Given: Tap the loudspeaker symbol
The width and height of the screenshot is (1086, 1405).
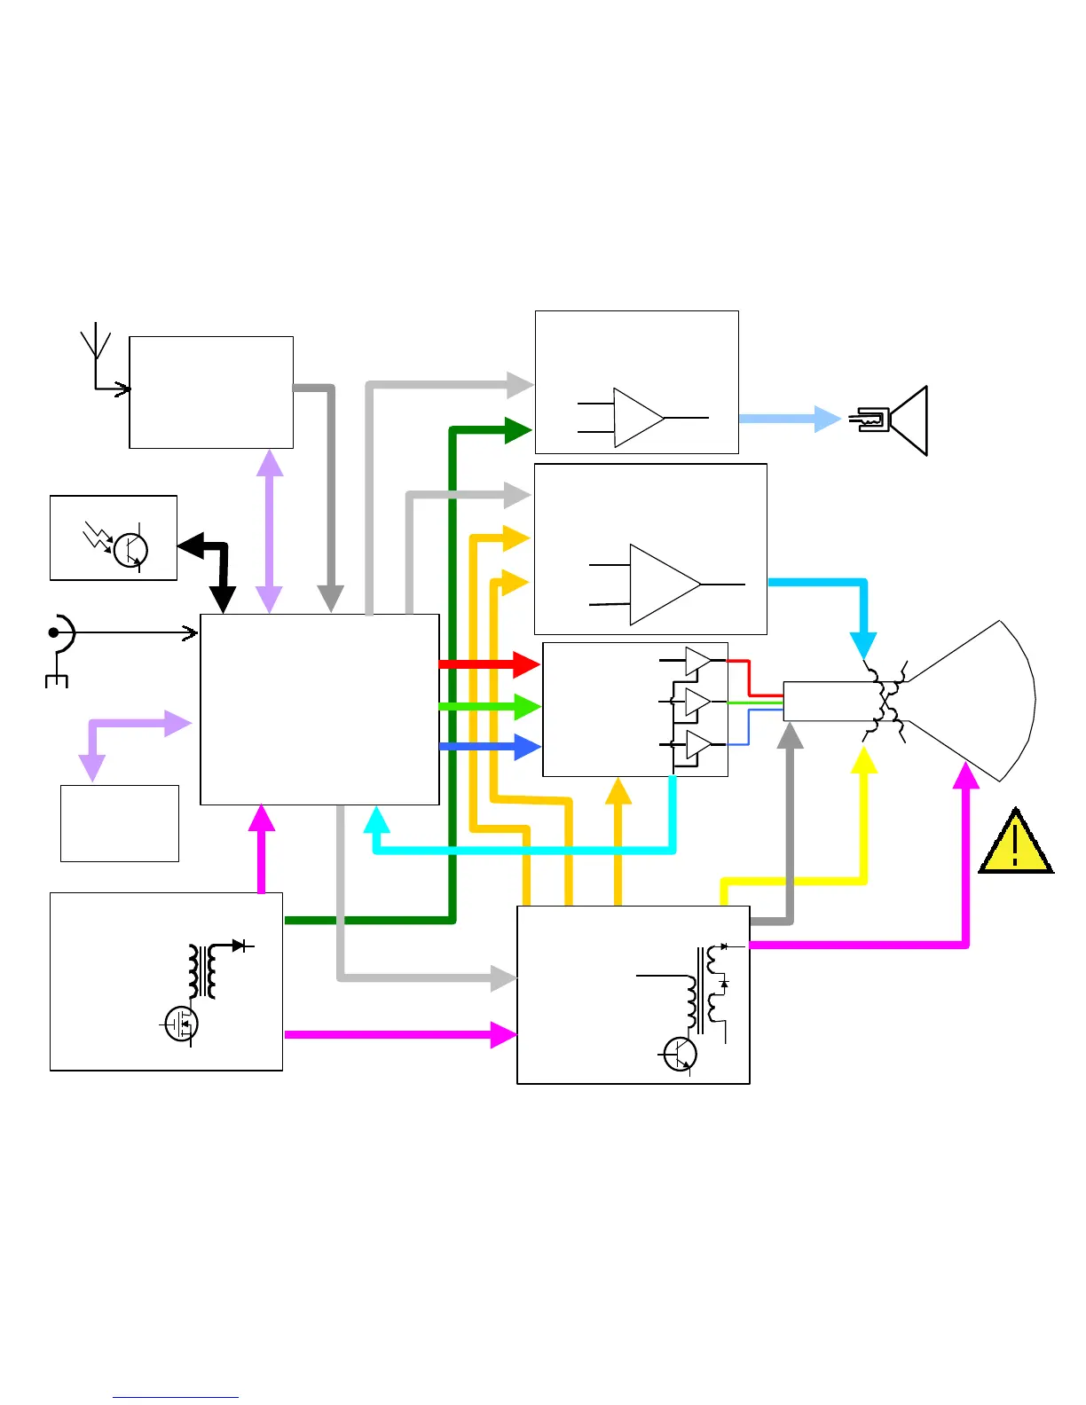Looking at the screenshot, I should pyautogui.click(x=896, y=420).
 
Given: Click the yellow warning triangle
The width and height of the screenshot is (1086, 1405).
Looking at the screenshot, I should pyautogui.click(x=1016, y=843).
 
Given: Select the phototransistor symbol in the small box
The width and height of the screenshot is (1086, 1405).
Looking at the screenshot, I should pyautogui.click(x=130, y=548).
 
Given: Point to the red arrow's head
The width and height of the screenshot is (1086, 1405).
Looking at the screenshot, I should pyautogui.click(x=528, y=663).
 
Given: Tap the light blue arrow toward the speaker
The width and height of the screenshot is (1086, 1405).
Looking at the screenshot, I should pyautogui.click(x=790, y=419).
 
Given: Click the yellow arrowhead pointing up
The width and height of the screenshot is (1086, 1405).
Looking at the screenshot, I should pyautogui.click(x=864, y=761).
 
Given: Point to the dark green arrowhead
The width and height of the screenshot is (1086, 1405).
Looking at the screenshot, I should pyautogui.click(x=518, y=430).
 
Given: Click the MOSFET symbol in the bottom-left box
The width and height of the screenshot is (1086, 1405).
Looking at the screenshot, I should pyautogui.click(x=182, y=1024).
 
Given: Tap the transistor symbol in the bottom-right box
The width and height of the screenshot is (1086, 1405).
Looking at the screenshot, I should pyautogui.click(x=681, y=1055).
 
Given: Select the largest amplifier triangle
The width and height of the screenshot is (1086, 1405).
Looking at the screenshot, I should pyautogui.click(x=664, y=585).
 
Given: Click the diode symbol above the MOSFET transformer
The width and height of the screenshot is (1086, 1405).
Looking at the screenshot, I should pyautogui.click(x=238, y=946).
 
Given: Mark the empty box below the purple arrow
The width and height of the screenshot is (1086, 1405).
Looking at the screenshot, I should pyautogui.click(x=120, y=823).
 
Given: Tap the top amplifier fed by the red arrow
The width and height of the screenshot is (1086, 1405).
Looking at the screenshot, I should pyautogui.click(x=697, y=661).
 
